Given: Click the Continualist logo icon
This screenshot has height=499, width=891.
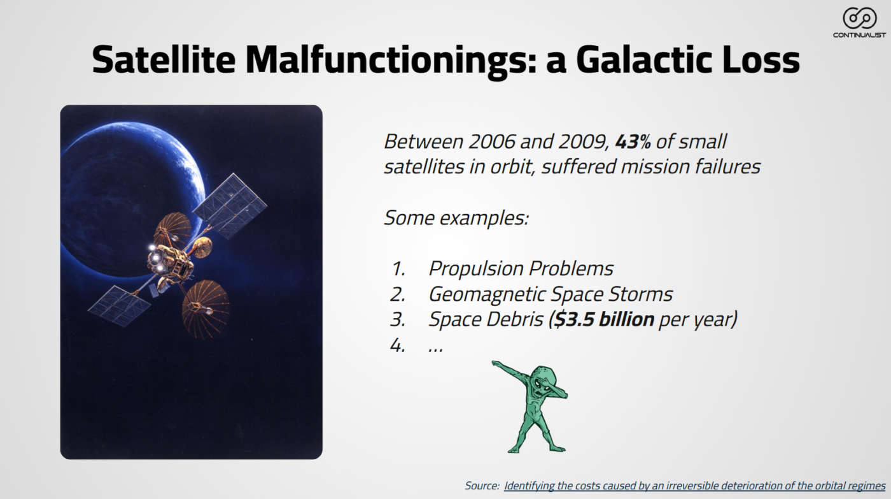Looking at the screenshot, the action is (x=859, y=18).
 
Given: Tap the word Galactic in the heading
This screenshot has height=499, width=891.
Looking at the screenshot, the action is (x=643, y=60).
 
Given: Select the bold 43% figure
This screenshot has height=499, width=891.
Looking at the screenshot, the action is (x=633, y=141).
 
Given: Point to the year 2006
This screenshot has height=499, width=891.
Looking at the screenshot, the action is (x=491, y=141).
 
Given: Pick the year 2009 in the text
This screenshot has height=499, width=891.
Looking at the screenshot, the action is (x=584, y=141).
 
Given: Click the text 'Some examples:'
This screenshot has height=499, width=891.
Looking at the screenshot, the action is (x=456, y=217).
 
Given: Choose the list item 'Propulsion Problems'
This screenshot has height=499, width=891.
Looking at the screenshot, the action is (x=521, y=268).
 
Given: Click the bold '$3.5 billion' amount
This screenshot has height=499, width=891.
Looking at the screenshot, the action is (x=604, y=319).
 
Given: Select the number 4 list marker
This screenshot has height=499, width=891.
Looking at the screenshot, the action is (x=398, y=345).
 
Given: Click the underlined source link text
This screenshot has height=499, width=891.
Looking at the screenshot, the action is (x=694, y=486).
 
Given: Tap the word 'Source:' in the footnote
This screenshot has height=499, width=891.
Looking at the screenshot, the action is (x=482, y=486).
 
